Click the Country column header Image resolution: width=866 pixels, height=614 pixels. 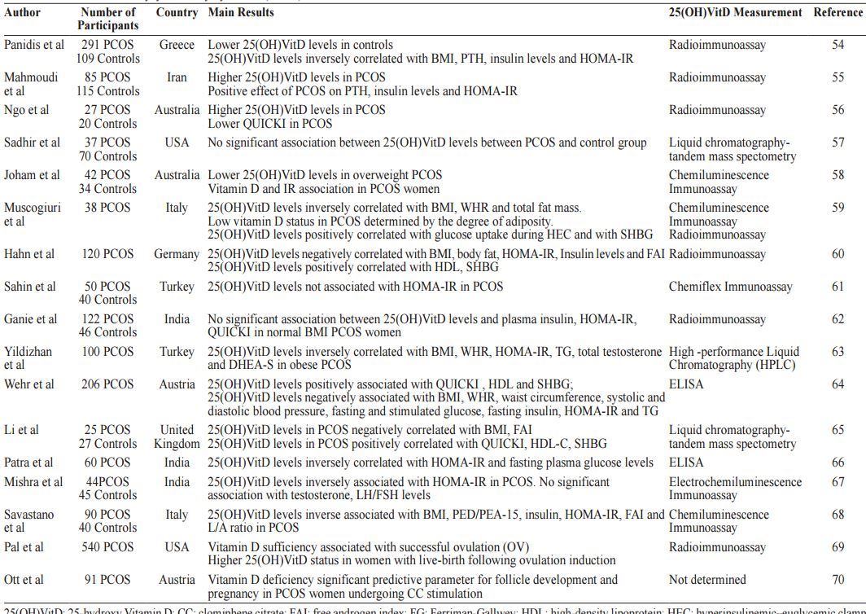click(177, 12)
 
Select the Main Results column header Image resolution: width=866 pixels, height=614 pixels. click(241, 12)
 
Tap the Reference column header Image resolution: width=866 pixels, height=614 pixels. click(838, 12)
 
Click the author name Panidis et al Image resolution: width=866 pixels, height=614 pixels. click(34, 45)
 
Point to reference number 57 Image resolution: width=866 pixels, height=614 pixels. click(838, 143)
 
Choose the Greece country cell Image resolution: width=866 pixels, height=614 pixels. click(177, 45)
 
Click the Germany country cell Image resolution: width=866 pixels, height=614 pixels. click(177, 254)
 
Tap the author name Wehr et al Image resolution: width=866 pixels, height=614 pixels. click(29, 384)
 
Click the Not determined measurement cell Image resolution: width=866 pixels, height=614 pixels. click(707, 580)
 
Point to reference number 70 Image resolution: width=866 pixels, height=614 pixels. click(838, 580)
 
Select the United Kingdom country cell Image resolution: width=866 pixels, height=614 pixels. click(177, 436)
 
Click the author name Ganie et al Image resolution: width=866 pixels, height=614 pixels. click(31, 319)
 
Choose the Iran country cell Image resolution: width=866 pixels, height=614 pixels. click(177, 77)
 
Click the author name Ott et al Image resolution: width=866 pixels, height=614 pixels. click(24, 580)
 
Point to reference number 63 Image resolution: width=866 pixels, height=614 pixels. click(838, 352)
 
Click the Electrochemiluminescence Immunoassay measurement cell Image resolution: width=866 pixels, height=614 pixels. click(735, 489)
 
